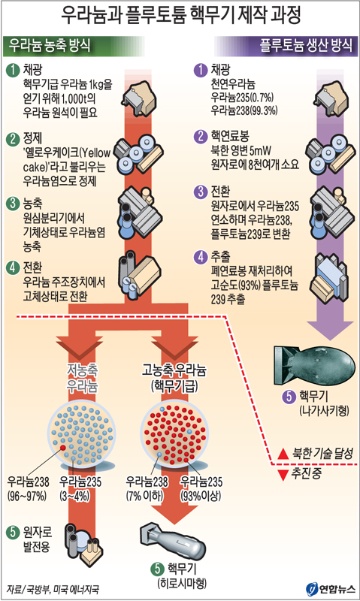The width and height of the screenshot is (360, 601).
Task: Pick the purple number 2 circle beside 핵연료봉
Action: [200, 137]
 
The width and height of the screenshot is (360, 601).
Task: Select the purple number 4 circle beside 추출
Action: [200, 257]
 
